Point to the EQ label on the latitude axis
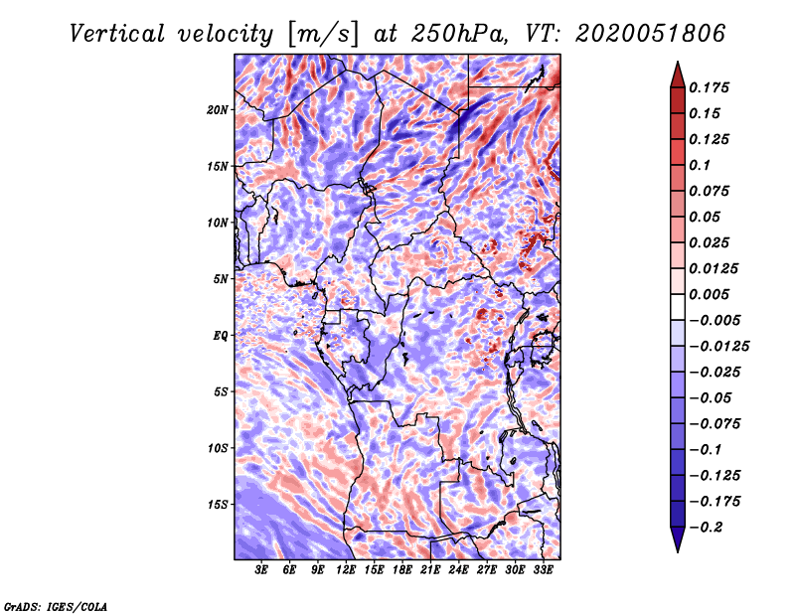221,336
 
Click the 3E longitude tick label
262,570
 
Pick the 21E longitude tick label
430,570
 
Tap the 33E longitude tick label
543,570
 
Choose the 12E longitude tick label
346,570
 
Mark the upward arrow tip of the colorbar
677,66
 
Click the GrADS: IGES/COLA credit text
56,605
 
